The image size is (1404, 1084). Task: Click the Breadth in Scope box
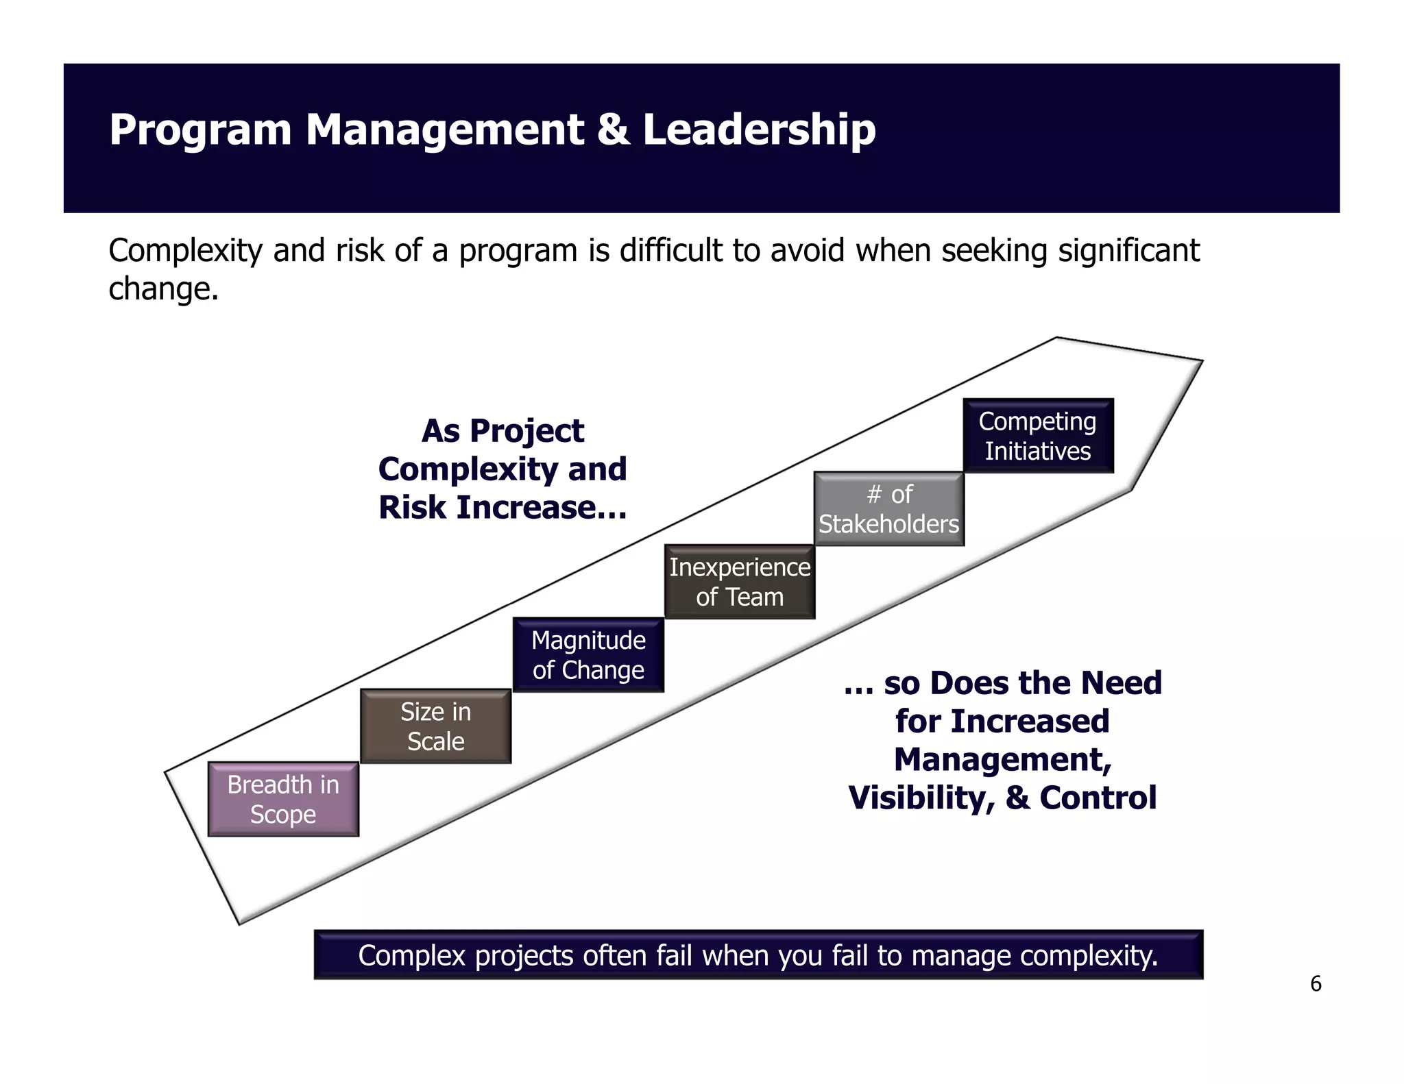[283, 799]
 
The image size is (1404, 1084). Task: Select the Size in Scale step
[436, 726]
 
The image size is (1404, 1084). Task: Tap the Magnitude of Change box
[588, 655]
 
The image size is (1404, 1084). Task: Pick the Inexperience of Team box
[740, 582]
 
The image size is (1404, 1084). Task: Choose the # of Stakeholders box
[889, 509]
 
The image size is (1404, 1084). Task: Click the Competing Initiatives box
[1038, 436]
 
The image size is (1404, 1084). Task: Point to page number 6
[1316, 984]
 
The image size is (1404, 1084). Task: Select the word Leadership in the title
[759, 130]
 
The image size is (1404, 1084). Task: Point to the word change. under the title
[163, 289]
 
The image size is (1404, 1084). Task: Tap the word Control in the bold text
[1098, 798]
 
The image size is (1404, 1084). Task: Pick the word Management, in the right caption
[1002, 759]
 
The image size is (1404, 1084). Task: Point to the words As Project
[503, 431]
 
